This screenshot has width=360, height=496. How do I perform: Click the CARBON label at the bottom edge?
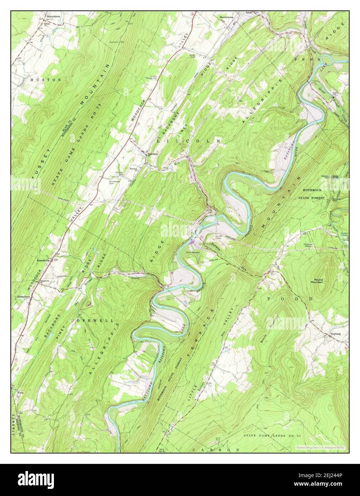pyautogui.click(x=215, y=450)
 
